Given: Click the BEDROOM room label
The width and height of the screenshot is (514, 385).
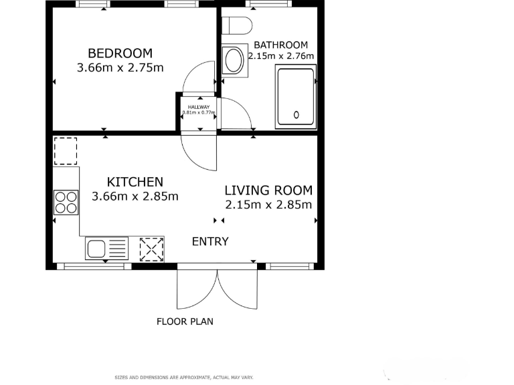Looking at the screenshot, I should pos(120,53).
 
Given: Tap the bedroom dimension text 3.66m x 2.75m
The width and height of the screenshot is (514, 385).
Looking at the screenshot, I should pos(120,68).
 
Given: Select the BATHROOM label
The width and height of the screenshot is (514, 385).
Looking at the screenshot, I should pos(280,45).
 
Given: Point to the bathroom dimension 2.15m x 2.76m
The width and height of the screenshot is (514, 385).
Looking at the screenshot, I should pos(281,56).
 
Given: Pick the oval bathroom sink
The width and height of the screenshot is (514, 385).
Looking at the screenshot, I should pos(233,61).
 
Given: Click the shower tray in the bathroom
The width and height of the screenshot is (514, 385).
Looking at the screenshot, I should pos(295,98).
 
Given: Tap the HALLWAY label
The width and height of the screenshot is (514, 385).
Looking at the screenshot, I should pos(198,107).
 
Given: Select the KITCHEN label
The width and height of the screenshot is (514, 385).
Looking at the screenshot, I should pos(135,182).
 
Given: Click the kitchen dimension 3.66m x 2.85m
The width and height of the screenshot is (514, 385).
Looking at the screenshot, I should pos(135,197).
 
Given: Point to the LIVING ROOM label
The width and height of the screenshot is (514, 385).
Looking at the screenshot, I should pos(268,190).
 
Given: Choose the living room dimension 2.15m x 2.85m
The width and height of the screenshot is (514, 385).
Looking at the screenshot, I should pos(268,205).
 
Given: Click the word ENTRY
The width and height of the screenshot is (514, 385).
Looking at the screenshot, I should pos(210,241).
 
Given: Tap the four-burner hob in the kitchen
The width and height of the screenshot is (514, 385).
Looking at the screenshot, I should pos(66,202).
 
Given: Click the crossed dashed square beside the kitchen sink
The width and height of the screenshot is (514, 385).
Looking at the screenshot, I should pos(151,249).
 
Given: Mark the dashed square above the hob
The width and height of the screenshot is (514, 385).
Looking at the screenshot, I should pos(65,151).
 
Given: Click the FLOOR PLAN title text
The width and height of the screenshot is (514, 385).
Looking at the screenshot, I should pos(185,322).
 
